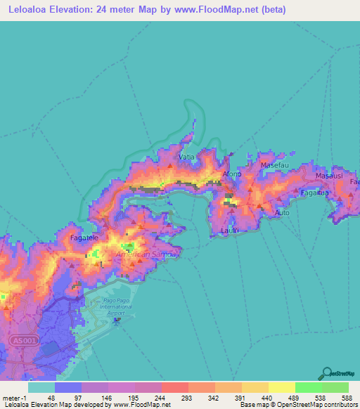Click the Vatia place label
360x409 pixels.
(x=187, y=157)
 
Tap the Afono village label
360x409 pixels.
(x=231, y=174)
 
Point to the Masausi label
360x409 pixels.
(x=328, y=175)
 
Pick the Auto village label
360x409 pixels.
(x=282, y=212)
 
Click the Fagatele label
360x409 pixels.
(x=84, y=238)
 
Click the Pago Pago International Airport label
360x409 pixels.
(x=115, y=307)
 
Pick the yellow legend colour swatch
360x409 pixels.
(x=281, y=387)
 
